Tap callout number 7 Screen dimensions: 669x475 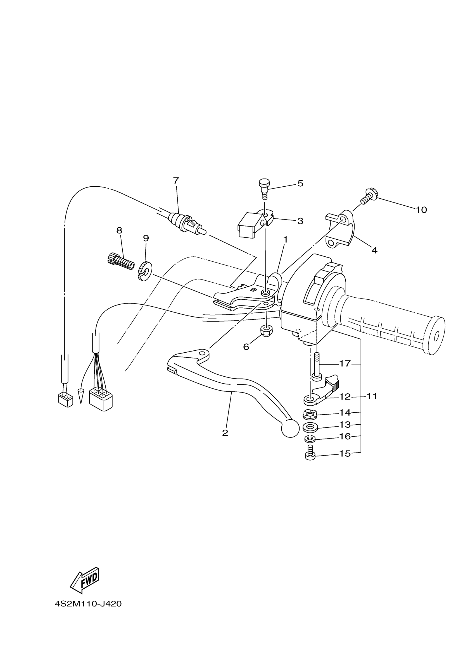175,181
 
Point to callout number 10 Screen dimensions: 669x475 421,210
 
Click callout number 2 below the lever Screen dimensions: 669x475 225,433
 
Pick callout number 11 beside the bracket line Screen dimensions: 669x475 372,396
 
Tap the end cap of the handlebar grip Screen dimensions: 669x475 436,336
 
